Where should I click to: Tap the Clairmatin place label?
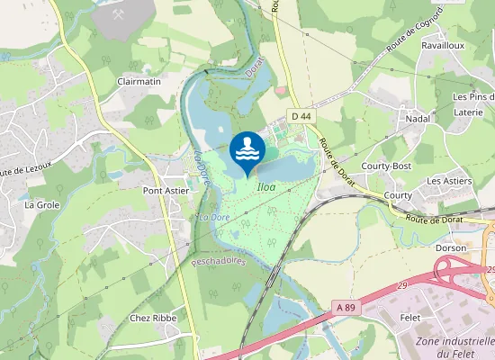pyautogui.click(x=139, y=81)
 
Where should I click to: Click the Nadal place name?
pyautogui.click(x=418, y=119)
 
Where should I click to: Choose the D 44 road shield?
pyautogui.click(x=301, y=116)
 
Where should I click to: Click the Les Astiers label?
pyautogui.click(x=448, y=181)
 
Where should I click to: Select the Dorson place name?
pyautogui.click(x=451, y=247)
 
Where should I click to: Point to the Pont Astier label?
pyautogui.click(x=165, y=191)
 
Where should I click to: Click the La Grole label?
pyautogui.click(x=41, y=204)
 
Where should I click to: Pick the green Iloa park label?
pyautogui.click(x=266, y=186)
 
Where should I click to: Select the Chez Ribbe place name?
pyautogui.click(x=153, y=318)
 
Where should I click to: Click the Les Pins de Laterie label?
pyautogui.click(x=473, y=103)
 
